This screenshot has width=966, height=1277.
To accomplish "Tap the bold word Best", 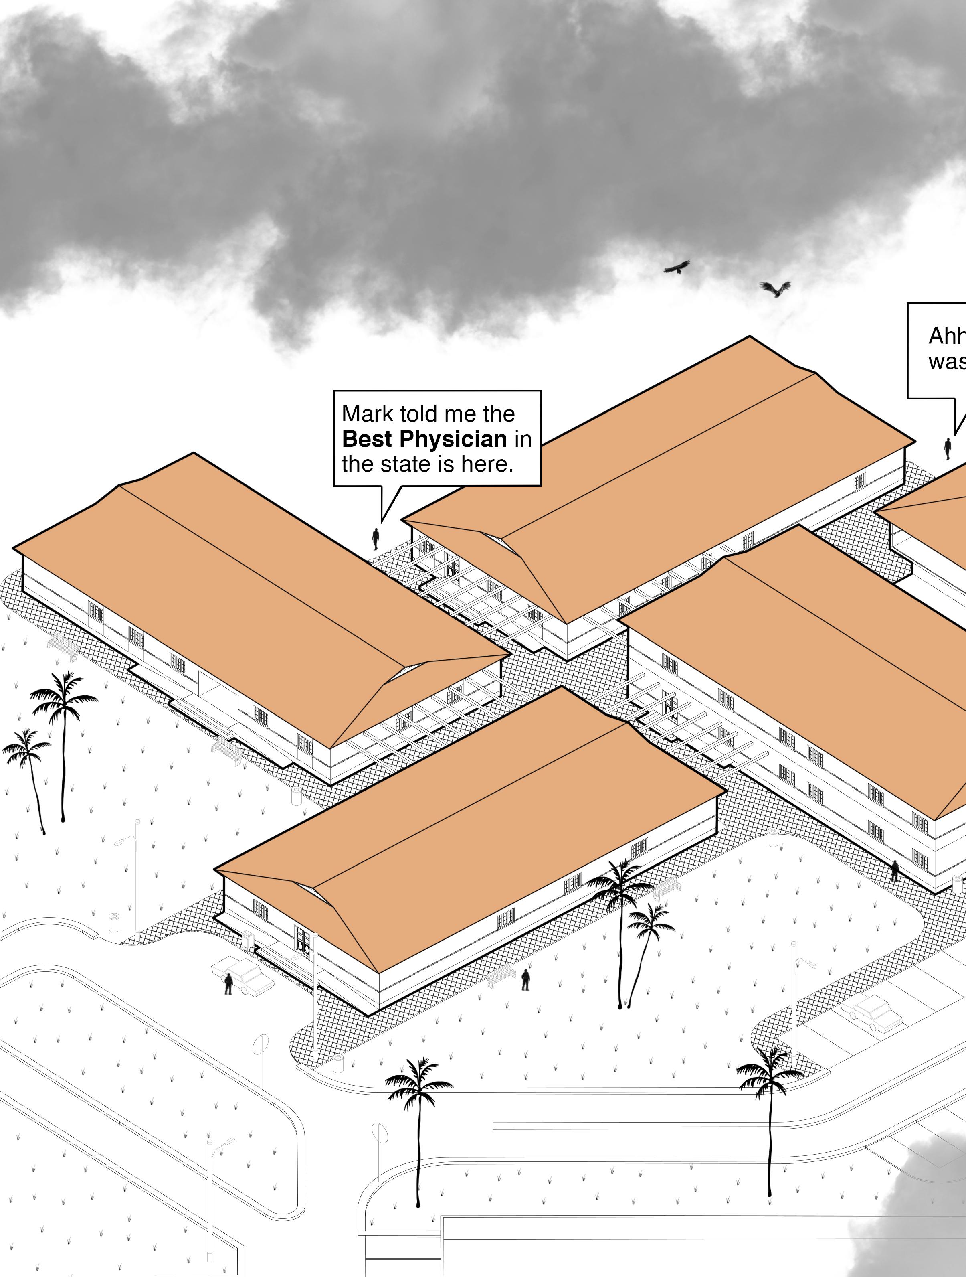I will (367, 439).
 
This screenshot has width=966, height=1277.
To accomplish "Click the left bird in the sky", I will (677, 267).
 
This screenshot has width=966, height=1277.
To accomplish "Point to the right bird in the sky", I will (775, 288).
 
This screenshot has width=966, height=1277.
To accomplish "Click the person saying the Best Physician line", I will (376, 538).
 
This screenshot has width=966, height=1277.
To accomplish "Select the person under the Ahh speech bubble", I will (947, 448).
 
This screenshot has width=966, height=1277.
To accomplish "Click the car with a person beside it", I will (245, 974).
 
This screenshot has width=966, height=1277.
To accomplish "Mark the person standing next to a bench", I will (526, 980).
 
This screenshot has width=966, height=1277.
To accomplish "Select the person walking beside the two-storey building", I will (894, 870).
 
